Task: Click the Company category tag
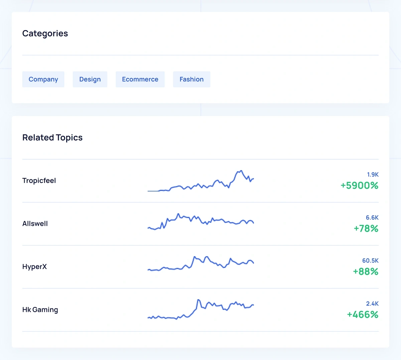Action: (x=43, y=79)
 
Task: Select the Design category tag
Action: (x=90, y=79)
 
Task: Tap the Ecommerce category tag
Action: (x=140, y=79)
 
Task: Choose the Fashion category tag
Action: (x=191, y=79)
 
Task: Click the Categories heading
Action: (x=45, y=33)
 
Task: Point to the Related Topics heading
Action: (x=52, y=138)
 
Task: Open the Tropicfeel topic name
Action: (x=39, y=181)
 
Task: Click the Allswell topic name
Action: (x=35, y=224)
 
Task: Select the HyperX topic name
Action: (x=34, y=267)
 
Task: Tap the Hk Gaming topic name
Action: (x=40, y=310)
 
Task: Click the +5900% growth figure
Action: (x=359, y=186)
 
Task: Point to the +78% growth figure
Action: (x=366, y=229)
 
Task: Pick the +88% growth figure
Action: (x=366, y=271)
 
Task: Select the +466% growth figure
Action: (x=363, y=315)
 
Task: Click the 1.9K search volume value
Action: (x=373, y=174)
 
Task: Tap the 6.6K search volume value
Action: (x=372, y=218)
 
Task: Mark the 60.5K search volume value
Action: (x=370, y=261)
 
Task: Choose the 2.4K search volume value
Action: (x=372, y=304)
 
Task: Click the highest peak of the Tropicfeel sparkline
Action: (x=241, y=171)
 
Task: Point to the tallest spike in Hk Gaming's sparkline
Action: (x=198, y=300)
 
